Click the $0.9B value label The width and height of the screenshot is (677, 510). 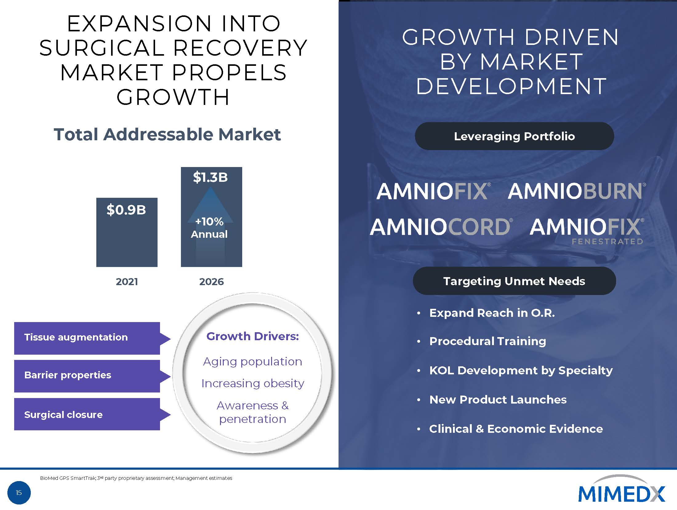point(126,210)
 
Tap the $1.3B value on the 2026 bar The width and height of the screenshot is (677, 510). point(210,177)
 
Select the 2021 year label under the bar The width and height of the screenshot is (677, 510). point(127,282)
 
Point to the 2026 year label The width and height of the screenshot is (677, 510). point(211,282)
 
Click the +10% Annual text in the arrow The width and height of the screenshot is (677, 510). point(210,228)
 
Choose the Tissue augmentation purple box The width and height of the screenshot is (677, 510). point(87,338)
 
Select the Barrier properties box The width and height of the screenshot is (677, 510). point(87,376)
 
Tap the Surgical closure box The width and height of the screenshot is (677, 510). point(87,415)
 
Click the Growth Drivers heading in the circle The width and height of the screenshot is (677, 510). point(253,337)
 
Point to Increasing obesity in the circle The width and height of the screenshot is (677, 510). point(253,384)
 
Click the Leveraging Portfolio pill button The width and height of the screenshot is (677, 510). point(514,136)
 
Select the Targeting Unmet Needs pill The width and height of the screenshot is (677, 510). point(514,281)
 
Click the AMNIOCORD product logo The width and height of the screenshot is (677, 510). point(441,227)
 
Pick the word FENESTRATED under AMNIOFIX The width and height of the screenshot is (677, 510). point(607,242)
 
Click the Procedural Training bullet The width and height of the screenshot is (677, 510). point(487,341)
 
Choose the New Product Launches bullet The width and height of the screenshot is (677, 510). point(498,400)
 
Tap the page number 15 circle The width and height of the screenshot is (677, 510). point(19,493)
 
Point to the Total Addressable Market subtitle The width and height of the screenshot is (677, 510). point(167,134)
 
